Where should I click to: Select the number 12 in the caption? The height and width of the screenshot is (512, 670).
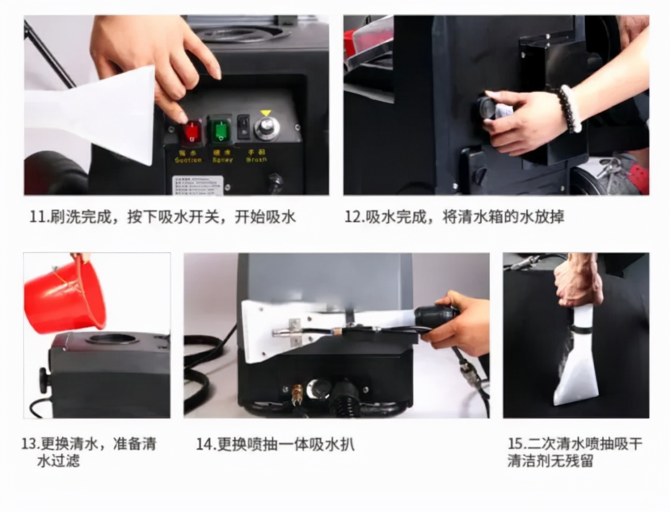[x=354, y=217]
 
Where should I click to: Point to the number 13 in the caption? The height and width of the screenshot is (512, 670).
[x=30, y=445]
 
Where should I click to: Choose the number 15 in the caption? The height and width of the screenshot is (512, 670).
[x=517, y=444]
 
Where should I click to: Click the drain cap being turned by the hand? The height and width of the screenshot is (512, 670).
[x=489, y=108]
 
